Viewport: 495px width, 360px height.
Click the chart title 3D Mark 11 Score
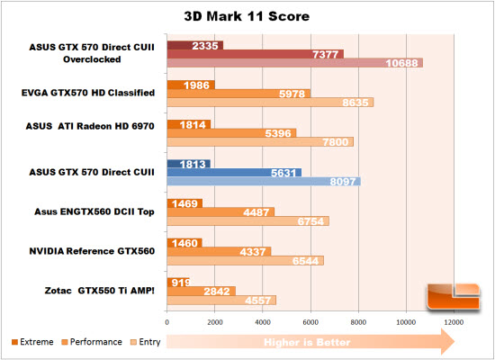coord(247,16)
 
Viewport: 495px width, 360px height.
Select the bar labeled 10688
coord(295,63)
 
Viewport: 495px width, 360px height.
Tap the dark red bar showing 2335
coord(195,46)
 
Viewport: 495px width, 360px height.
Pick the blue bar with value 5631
coord(234,173)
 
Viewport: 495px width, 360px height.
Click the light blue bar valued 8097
coord(264,181)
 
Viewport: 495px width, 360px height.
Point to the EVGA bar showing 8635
coord(270,103)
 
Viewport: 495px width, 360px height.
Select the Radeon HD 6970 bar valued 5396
coord(231,133)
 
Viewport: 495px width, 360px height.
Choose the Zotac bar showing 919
coord(178,283)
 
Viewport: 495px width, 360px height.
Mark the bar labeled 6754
coord(247,221)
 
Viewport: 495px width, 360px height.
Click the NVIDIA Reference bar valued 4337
coord(219,252)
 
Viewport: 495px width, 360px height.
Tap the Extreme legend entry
coord(32,342)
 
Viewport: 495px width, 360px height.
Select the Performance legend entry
coord(92,342)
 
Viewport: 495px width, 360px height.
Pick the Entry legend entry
coord(146,342)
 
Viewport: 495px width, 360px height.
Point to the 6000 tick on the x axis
coord(310,322)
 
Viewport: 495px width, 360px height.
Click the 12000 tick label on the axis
coord(454,322)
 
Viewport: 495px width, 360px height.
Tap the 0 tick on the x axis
coord(167,322)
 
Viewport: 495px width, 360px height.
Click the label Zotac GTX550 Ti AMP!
coord(99,291)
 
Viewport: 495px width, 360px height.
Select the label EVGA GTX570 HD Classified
coord(88,93)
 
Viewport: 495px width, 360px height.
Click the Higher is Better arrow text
coord(307,342)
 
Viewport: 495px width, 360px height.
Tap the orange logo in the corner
coord(454,297)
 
